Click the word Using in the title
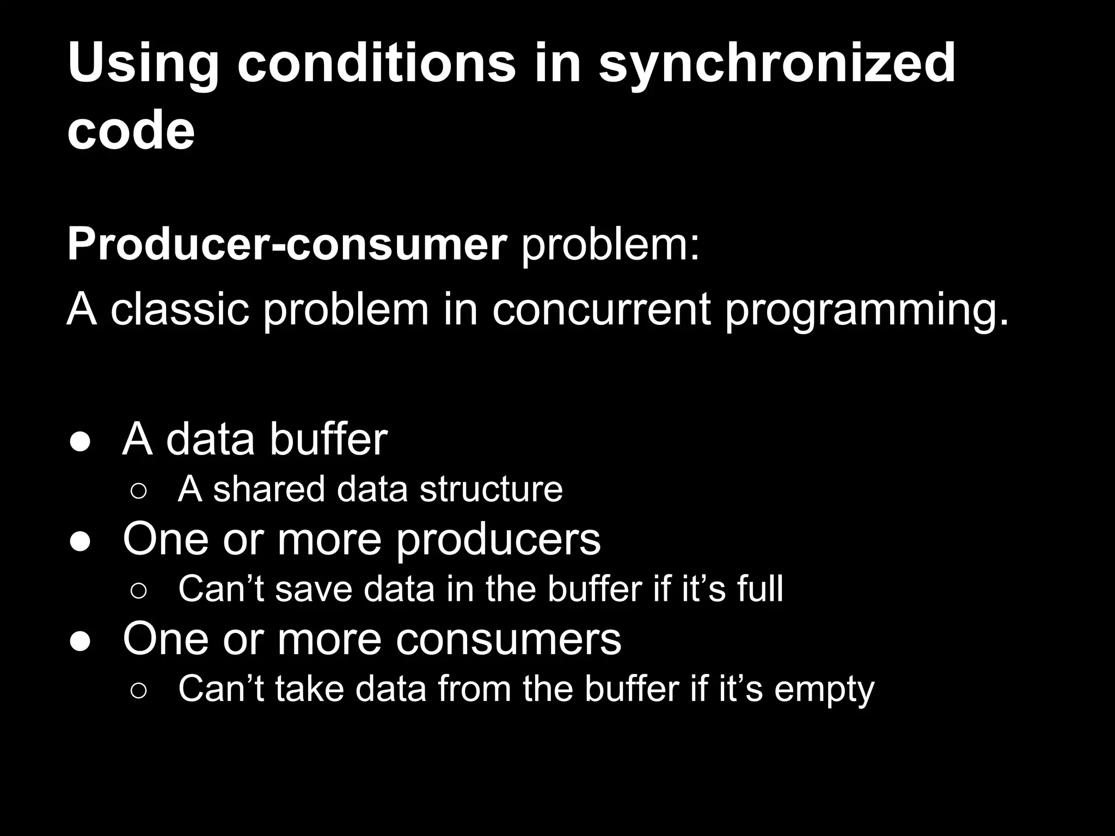click(143, 64)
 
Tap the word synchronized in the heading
click(777, 64)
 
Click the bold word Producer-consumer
click(287, 245)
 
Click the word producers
click(498, 540)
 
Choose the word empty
click(824, 690)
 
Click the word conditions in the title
click(376, 64)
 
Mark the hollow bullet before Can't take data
click(138, 691)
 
